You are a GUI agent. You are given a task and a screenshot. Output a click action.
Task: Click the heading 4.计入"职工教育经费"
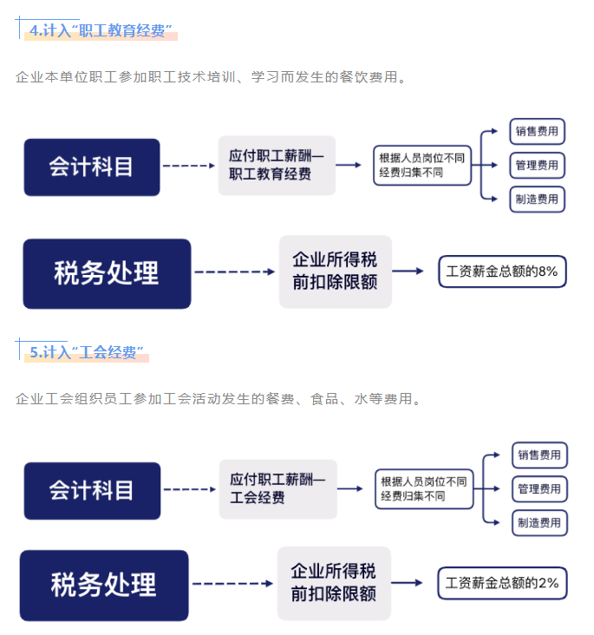pos(97,31)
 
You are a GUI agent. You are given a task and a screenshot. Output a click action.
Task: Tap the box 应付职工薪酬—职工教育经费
pos(277,165)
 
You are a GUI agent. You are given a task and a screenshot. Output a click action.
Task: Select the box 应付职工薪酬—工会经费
pos(277,488)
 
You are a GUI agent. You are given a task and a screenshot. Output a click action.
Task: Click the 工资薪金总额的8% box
pos(501,272)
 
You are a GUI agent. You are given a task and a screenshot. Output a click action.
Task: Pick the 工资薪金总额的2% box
pos(501,582)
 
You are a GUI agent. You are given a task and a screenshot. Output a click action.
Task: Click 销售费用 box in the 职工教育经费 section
pos(537,132)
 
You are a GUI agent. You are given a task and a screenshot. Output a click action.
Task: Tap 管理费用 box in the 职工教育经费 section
pos(537,165)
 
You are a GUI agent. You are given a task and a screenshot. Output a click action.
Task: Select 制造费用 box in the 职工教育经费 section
pos(537,199)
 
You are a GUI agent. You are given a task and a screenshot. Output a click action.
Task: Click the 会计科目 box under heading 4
pos(92,167)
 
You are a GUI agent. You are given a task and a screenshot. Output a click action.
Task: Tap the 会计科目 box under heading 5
pos(92,490)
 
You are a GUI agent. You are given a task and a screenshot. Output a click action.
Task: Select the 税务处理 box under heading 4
pos(107,272)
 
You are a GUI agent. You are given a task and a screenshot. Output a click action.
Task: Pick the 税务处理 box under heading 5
pos(104,585)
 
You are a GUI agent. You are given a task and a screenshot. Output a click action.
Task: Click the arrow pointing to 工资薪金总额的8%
pos(413,272)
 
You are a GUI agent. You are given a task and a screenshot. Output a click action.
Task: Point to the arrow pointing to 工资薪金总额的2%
pos(413,583)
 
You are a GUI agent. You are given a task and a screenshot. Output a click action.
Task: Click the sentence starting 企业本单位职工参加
pos(211,77)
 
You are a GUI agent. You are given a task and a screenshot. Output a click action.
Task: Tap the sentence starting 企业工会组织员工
pos(219,399)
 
